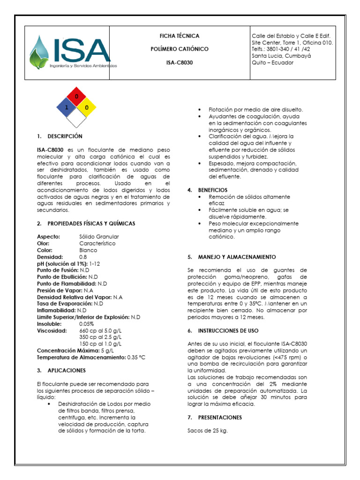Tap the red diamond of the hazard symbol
76,97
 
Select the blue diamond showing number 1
67,107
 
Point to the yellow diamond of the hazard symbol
87,107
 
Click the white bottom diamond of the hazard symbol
76,118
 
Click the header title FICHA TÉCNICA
180,36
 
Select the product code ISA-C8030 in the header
180,62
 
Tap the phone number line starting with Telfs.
281,49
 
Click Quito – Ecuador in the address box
272,62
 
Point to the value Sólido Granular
99,237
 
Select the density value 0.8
83,257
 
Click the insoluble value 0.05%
87,324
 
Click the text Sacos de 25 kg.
207,430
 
